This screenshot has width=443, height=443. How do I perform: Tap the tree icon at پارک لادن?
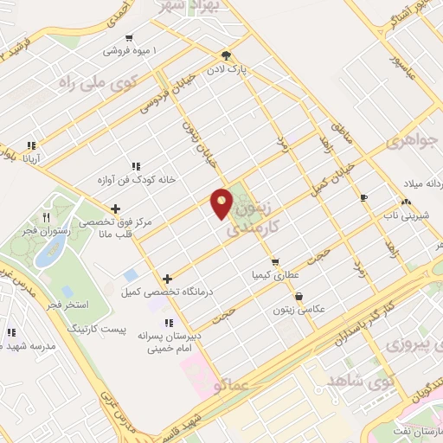227,54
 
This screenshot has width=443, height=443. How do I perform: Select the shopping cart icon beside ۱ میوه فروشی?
129,37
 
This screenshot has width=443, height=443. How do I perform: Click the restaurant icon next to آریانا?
31,145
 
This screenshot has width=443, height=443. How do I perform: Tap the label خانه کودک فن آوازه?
141,180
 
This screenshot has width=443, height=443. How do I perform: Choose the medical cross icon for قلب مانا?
116,208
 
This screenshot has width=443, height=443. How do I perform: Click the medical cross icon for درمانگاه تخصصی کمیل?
168,278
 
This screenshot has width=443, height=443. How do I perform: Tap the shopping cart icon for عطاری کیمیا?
274,261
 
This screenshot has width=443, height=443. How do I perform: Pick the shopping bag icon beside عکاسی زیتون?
299,297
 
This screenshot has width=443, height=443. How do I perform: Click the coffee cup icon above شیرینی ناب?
363,197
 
